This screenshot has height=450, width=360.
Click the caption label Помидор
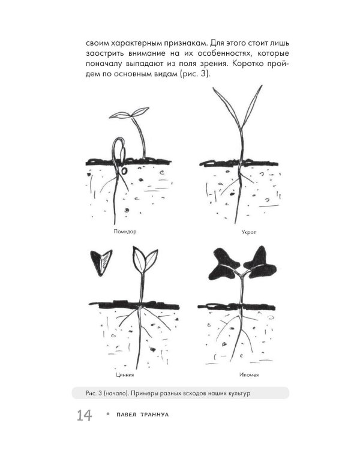click(125, 232)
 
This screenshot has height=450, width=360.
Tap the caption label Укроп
click(249, 232)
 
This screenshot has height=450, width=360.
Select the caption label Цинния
click(125, 375)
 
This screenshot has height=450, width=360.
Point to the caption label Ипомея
click(249, 375)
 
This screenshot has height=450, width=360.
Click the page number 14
click(84, 415)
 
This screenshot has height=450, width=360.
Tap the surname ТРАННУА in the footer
click(155, 415)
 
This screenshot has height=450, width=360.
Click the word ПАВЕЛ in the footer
click(127, 415)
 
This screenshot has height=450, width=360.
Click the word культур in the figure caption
click(239, 393)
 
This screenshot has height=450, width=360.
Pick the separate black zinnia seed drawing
click(101, 262)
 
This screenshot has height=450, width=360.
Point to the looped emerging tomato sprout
click(118, 152)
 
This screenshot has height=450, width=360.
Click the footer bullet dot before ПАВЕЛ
click(108, 414)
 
